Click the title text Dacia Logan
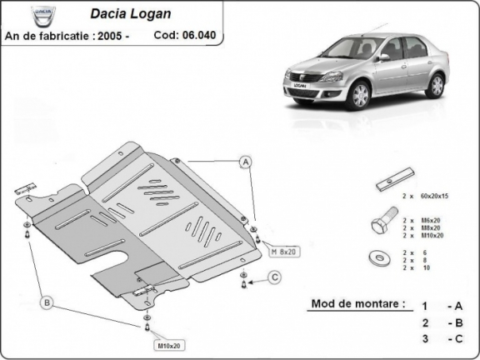pyautogui.click(x=125, y=14)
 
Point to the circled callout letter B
pyautogui.click(x=48, y=302)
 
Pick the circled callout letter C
pyautogui.click(x=274, y=277)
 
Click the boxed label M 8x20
pyautogui.click(x=283, y=250)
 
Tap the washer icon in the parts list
pyautogui.click(x=382, y=257)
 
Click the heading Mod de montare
pyautogui.click(x=358, y=303)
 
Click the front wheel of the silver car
pyautogui.click(x=359, y=96)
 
